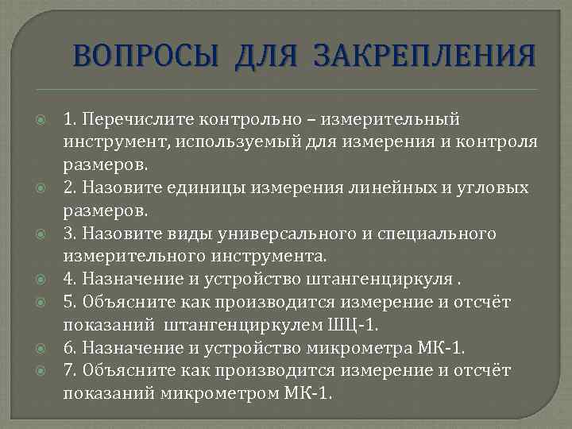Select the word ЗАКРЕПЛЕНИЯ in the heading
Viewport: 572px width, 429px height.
425,58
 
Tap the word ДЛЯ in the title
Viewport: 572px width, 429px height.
267,58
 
